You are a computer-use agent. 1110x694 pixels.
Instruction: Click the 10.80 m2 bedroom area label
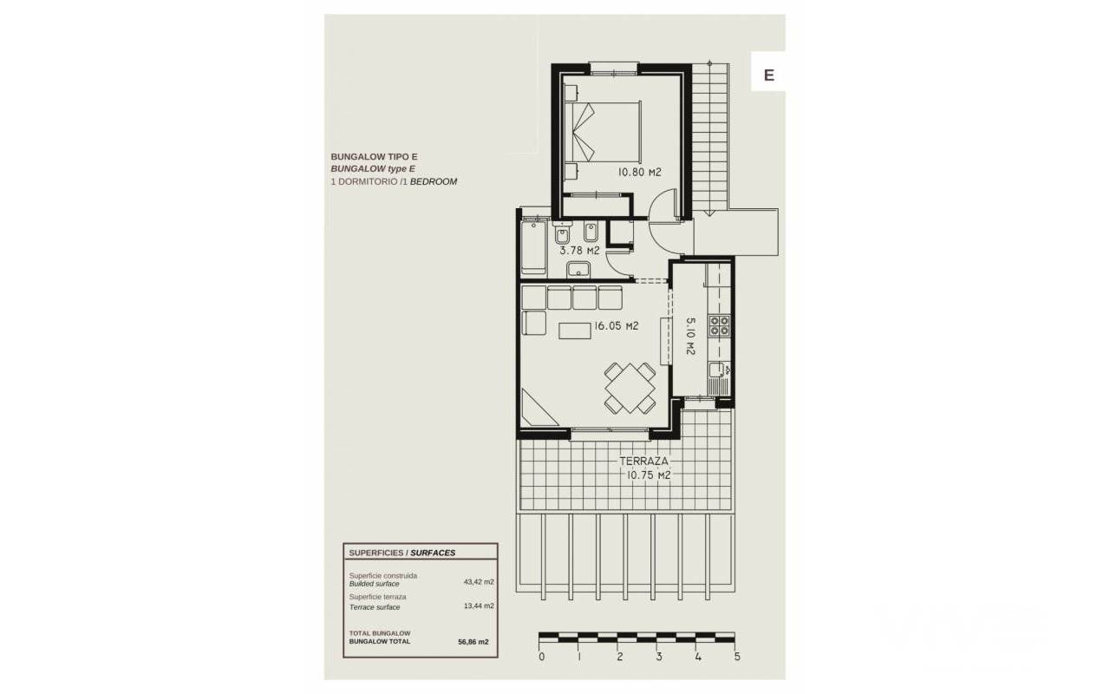point(639,173)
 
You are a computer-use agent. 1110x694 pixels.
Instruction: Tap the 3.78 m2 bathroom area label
point(580,251)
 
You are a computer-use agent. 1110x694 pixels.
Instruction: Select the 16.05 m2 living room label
point(617,326)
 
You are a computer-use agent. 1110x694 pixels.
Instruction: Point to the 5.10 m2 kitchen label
point(690,336)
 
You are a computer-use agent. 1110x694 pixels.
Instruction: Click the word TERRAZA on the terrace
point(644,461)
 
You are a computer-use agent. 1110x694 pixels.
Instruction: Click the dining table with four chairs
point(630,388)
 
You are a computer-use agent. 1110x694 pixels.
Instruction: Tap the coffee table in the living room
point(575,331)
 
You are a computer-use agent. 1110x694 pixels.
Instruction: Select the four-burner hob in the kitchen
point(720,325)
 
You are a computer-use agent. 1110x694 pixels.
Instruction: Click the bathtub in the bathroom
point(533,247)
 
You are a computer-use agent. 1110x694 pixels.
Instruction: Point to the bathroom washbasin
point(578,270)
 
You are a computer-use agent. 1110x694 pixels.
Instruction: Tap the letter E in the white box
point(769,75)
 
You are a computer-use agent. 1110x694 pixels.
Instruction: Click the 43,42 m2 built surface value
point(479,582)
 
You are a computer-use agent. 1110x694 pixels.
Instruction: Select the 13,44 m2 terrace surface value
point(479,606)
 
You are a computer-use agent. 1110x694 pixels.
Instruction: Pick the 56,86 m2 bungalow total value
point(473,642)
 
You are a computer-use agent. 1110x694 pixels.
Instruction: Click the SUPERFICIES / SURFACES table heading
point(402,553)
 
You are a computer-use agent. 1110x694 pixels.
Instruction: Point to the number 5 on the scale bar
point(737,657)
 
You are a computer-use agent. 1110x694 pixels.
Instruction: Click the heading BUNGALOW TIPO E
point(374,157)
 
